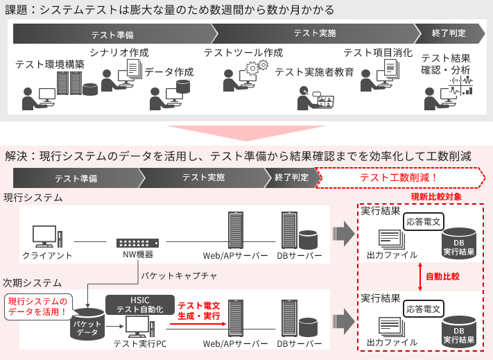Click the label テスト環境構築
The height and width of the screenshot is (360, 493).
(50, 65)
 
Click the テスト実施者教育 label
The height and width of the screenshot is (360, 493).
(314, 72)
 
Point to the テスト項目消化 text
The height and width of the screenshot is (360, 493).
(377, 53)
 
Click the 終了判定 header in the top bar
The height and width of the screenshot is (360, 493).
(449, 33)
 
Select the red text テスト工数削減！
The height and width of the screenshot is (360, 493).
(399, 178)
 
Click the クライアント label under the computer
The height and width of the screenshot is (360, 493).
(47, 255)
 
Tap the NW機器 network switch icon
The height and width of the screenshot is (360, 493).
(137, 243)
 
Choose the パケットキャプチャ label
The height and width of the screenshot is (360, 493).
(179, 275)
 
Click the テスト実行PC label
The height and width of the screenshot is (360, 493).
(139, 343)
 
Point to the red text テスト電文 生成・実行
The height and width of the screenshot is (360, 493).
(199, 311)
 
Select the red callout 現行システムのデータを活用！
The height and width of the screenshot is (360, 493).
(38, 307)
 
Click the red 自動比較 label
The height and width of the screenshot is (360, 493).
(442, 276)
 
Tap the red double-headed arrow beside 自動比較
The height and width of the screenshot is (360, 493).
(420, 276)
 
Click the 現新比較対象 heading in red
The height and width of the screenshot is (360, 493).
(436, 197)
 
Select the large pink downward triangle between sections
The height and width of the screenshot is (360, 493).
(245, 132)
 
